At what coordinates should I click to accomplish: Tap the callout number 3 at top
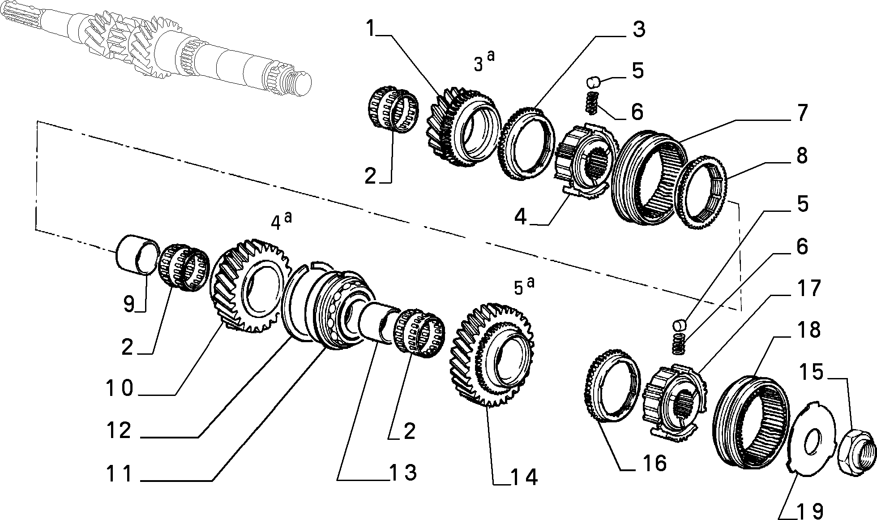tap(639, 30)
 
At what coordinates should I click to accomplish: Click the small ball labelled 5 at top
tap(593, 83)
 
